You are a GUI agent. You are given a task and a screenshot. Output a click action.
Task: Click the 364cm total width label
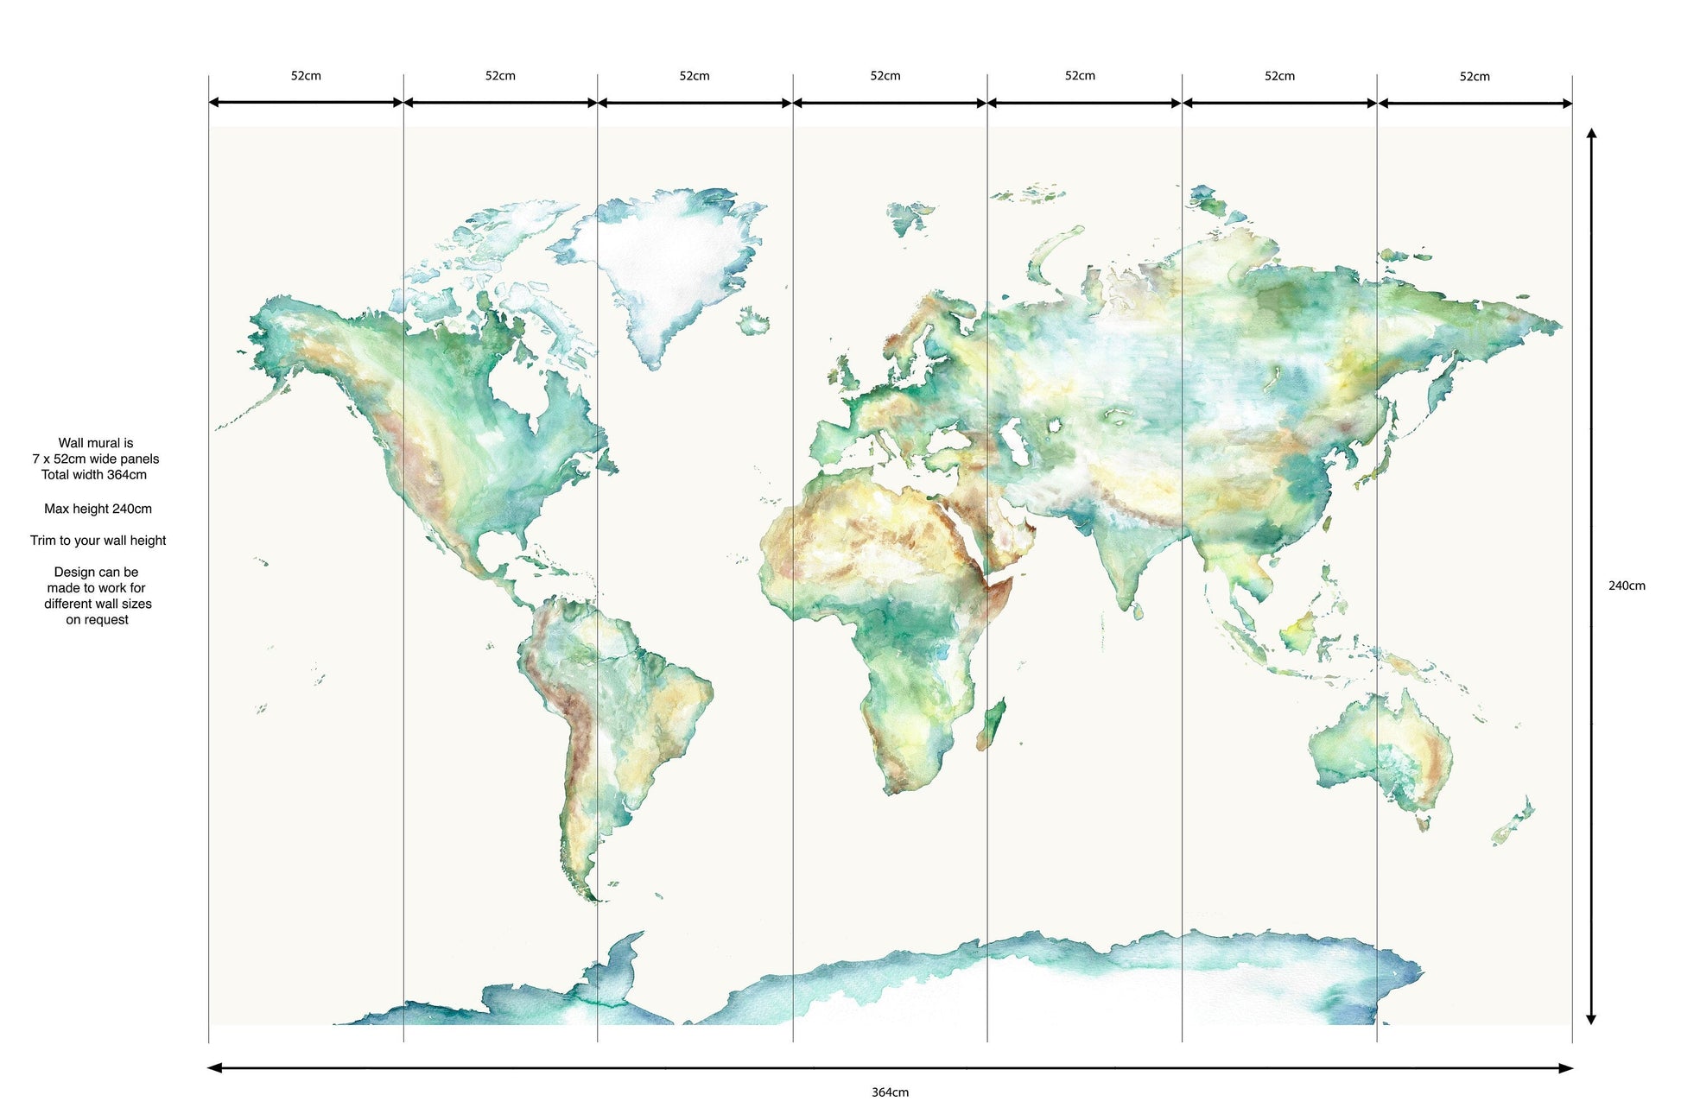(890, 1092)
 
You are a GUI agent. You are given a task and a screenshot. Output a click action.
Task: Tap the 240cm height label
(1627, 585)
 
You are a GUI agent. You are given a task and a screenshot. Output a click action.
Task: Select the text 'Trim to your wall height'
(98, 541)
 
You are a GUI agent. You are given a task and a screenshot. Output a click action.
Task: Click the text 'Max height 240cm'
(98, 509)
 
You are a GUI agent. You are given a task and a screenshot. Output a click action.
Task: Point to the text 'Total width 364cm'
(94, 475)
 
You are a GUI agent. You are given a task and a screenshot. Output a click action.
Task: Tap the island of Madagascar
(993, 724)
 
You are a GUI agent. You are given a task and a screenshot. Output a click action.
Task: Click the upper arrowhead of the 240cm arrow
(1591, 134)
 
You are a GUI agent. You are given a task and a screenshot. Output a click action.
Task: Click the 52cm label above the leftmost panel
(306, 76)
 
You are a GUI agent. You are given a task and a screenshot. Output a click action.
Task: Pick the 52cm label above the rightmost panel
(1475, 77)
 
